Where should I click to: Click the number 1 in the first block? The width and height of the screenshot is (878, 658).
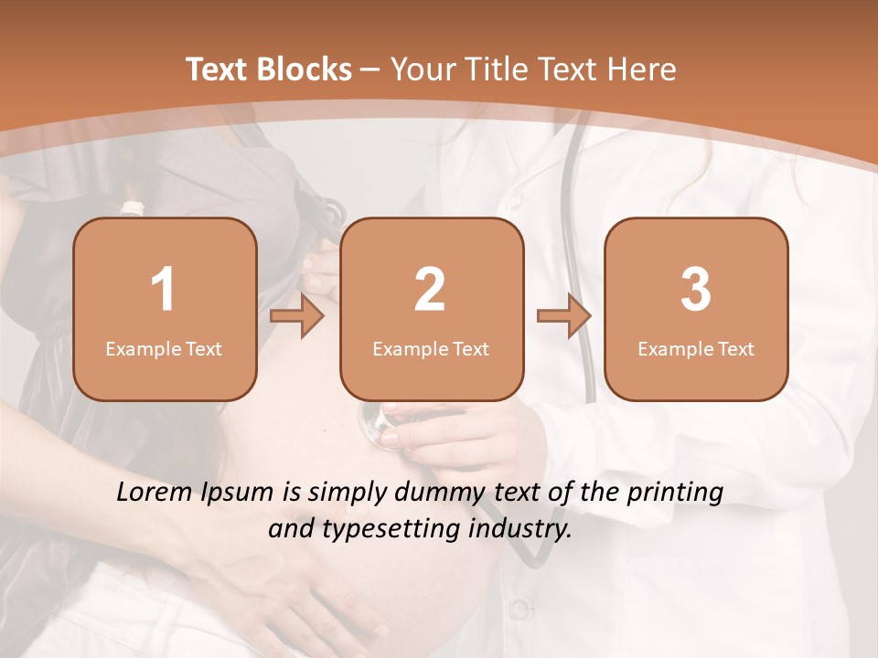[163, 290]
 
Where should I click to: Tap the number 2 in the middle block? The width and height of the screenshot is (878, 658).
[430, 290]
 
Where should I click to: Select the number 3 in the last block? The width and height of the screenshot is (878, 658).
[696, 290]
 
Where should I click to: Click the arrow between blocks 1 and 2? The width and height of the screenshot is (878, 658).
[297, 316]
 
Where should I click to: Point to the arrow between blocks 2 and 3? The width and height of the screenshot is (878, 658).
[563, 316]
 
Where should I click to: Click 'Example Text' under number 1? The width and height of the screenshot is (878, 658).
[164, 349]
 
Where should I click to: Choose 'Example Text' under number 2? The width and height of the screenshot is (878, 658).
[431, 349]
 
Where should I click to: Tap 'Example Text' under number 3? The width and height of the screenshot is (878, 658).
[696, 349]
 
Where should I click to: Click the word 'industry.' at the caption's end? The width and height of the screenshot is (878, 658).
[520, 528]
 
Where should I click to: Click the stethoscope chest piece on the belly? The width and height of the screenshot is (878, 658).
[374, 421]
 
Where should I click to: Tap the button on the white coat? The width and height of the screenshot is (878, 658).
[519, 608]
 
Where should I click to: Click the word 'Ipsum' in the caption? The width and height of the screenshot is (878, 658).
[236, 493]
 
